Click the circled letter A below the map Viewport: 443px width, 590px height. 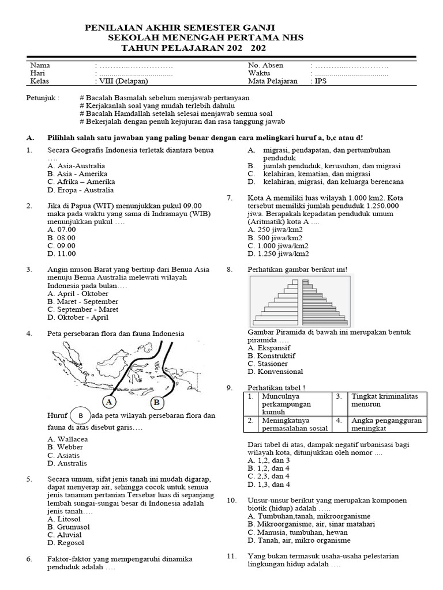(x=109, y=402)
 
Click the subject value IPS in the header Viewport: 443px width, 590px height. (x=321, y=82)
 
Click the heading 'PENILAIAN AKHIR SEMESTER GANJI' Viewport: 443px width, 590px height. (x=180, y=28)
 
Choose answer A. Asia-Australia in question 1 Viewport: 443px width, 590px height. (x=76, y=166)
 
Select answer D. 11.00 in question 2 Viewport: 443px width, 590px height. (x=62, y=254)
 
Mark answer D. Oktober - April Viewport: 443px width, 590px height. (x=78, y=317)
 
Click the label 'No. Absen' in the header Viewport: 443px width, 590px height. (x=265, y=66)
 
